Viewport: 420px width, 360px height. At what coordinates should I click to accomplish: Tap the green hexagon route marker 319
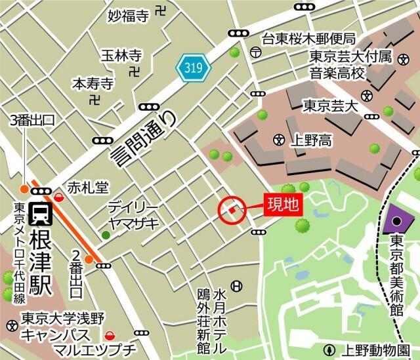(194, 66)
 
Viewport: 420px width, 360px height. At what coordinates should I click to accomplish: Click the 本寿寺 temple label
(93, 84)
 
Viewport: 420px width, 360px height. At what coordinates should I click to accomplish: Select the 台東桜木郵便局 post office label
(308, 38)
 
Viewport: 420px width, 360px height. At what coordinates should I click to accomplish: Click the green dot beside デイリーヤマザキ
(106, 235)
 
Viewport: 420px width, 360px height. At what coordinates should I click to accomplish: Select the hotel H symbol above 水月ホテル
(236, 286)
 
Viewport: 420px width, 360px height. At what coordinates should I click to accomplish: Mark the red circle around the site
(232, 210)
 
